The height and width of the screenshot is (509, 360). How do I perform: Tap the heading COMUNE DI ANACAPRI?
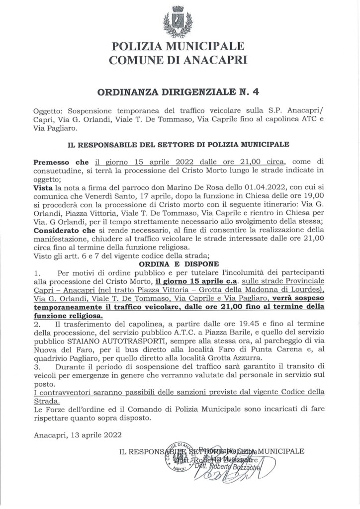pos(180,61)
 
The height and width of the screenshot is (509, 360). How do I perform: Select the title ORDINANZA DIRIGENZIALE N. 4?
pos(180,91)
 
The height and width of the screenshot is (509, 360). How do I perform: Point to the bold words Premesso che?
pos(61,162)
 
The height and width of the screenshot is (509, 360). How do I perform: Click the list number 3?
pos(36,368)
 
